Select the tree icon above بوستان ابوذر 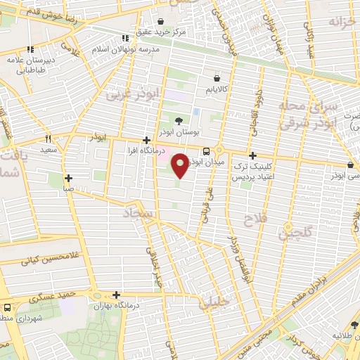pyautogui.click(x=179, y=121)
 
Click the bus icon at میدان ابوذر pyautogui.click(x=206, y=151)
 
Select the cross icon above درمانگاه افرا pyautogui.click(x=146, y=141)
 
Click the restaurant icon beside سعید pyautogui.click(x=49, y=139)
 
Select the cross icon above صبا pyautogui.click(x=67, y=179)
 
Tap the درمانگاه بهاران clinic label pyautogui.click(x=116, y=307)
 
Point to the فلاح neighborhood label pyautogui.click(x=251, y=221)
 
